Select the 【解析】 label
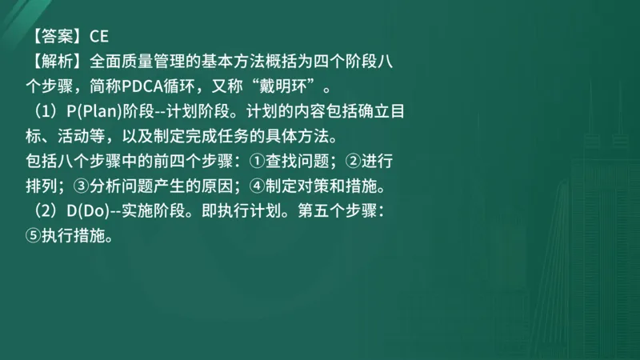[53, 60]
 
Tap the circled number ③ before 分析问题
[80, 186]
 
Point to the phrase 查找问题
[292, 162]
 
